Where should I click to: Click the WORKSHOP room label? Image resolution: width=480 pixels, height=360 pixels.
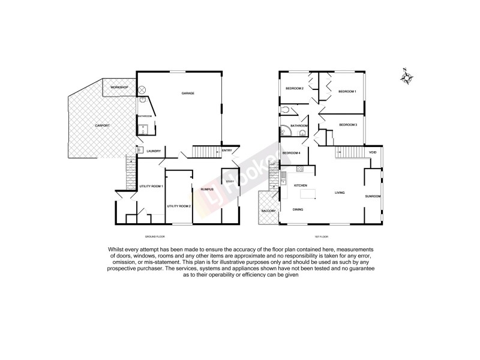(118, 88)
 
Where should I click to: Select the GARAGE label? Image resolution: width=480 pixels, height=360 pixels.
(188, 93)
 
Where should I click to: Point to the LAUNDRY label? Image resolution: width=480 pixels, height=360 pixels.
(154, 151)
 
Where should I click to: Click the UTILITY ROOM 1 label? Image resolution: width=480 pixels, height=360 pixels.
(151, 187)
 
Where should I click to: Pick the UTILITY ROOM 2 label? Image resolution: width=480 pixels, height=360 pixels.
(179, 206)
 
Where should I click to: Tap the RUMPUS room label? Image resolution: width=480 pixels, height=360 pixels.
(200, 188)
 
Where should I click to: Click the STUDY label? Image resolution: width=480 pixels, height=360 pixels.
(230, 181)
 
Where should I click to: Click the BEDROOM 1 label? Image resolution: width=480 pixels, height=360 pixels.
(347, 91)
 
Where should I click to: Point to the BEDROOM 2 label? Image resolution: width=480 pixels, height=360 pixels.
(294, 89)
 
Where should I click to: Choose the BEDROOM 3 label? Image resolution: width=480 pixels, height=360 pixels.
(348, 125)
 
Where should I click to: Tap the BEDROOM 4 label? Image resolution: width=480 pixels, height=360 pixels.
(291, 153)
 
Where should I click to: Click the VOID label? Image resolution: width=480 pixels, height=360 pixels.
(373, 152)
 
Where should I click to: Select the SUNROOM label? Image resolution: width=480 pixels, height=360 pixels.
(373, 196)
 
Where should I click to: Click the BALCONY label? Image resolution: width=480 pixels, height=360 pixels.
(268, 211)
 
